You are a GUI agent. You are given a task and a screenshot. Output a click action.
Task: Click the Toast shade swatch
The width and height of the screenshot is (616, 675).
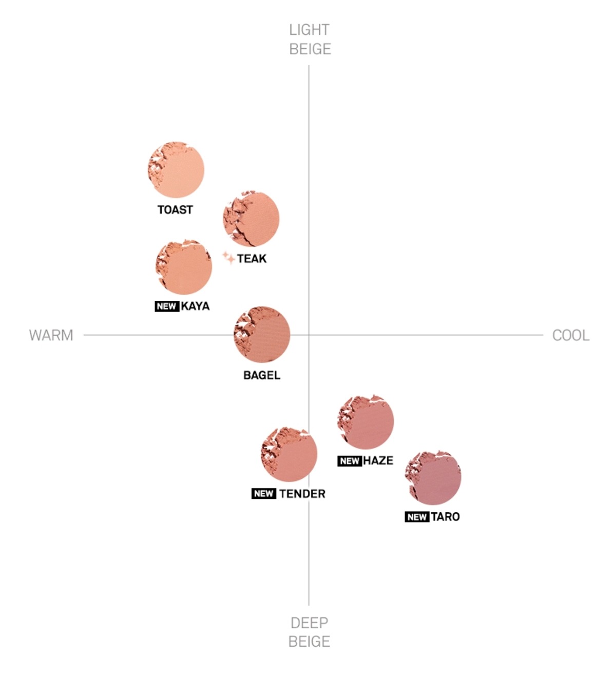pyautogui.click(x=176, y=170)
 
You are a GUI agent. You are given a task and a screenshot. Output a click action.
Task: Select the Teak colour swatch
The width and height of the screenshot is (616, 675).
pyautogui.click(x=251, y=219)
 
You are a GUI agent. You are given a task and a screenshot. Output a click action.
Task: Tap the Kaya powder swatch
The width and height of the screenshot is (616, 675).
pyautogui.click(x=184, y=266)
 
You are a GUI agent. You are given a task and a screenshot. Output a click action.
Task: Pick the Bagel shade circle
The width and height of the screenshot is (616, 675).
pyautogui.click(x=262, y=335)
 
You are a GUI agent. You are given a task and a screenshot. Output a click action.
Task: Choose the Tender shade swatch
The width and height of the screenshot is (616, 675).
pyautogui.click(x=289, y=454)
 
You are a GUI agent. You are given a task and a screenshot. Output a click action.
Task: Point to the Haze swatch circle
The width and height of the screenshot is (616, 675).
pyautogui.click(x=365, y=421)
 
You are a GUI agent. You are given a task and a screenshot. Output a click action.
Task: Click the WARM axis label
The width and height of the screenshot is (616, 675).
pyautogui.click(x=51, y=335)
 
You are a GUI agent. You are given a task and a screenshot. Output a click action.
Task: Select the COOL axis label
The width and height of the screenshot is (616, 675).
pyautogui.click(x=570, y=335)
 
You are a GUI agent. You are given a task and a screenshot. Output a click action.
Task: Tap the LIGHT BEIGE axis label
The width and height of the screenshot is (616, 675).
pyautogui.click(x=310, y=40)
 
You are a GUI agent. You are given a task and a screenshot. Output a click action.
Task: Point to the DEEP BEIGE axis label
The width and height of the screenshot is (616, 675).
pyautogui.click(x=309, y=632)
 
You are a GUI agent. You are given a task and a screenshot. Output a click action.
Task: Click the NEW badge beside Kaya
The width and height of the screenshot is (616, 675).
pyautogui.click(x=166, y=306)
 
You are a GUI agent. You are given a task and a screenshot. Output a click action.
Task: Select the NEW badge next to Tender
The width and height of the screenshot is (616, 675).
pyautogui.click(x=264, y=494)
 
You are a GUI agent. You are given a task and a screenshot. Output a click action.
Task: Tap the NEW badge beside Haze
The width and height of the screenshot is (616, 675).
pyautogui.click(x=350, y=461)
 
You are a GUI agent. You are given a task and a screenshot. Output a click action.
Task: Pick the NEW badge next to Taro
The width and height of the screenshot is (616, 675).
pyautogui.click(x=417, y=517)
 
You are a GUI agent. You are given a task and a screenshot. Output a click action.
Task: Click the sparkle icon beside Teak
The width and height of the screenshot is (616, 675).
pyautogui.click(x=228, y=258)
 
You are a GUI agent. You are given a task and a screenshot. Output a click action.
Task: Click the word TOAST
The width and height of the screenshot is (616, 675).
pyautogui.click(x=175, y=209)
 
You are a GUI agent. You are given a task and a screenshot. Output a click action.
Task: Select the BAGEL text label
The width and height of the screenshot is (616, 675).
pyautogui.click(x=262, y=375)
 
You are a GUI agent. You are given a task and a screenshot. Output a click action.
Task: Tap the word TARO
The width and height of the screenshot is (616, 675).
pyautogui.click(x=445, y=517)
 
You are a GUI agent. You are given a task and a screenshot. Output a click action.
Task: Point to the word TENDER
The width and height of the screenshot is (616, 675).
pyautogui.click(x=302, y=494)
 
